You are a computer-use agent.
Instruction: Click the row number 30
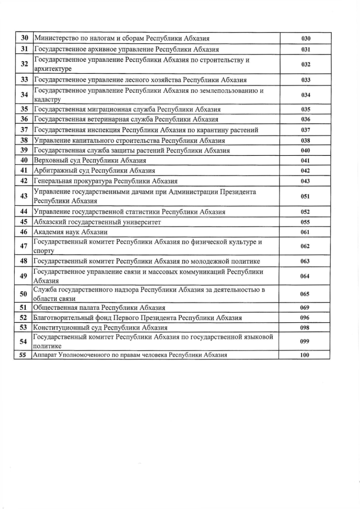tap(24, 38)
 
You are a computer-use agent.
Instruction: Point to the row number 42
tap(24, 181)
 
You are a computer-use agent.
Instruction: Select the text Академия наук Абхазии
tap(71, 232)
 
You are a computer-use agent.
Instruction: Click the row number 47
tap(24, 246)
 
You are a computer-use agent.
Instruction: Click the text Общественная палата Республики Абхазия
tap(100, 308)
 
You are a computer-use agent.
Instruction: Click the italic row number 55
tap(24, 355)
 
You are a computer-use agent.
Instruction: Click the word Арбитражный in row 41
tap(56, 170)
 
